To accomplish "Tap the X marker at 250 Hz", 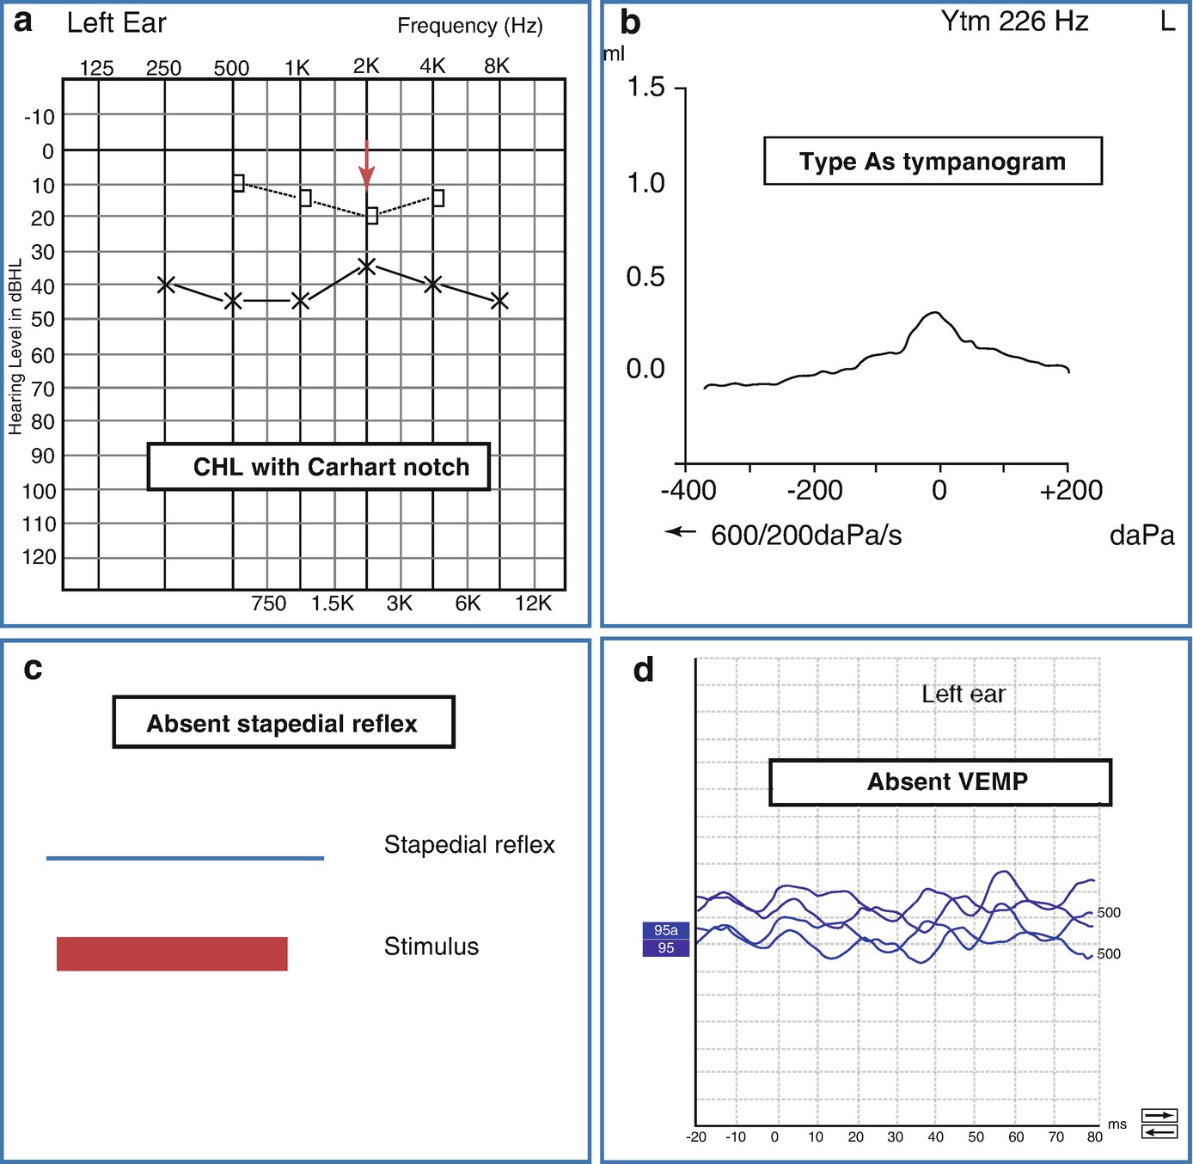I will pyautogui.click(x=167, y=285).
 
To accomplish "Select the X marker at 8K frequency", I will pyautogui.click(x=499, y=301).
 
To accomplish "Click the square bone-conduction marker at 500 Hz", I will pyautogui.click(x=238, y=183).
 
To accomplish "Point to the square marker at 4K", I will pyautogui.click(x=438, y=198).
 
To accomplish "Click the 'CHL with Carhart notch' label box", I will pyautogui.click(x=319, y=467).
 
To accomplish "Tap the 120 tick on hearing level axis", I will pyautogui.click(x=39, y=557).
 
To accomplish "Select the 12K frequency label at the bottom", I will pyautogui.click(x=533, y=603).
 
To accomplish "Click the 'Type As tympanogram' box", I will pyautogui.click(x=933, y=161).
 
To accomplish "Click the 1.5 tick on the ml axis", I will pyautogui.click(x=645, y=88).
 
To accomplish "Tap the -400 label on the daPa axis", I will pyautogui.click(x=688, y=491).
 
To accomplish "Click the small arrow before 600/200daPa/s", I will pyautogui.click(x=680, y=532).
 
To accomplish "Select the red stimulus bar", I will pyautogui.click(x=172, y=953).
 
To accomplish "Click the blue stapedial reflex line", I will pyautogui.click(x=185, y=858).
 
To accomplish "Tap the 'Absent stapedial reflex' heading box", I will pyautogui.click(x=283, y=723).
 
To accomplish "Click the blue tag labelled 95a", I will pyautogui.click(x=666, y=930).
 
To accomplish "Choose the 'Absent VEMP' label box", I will pyautogui.click(x=940, y=781).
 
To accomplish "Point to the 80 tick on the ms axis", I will pyautogui.click(x=1094, y=1136).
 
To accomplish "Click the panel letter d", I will pyautogui.click(x=644, y=670).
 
